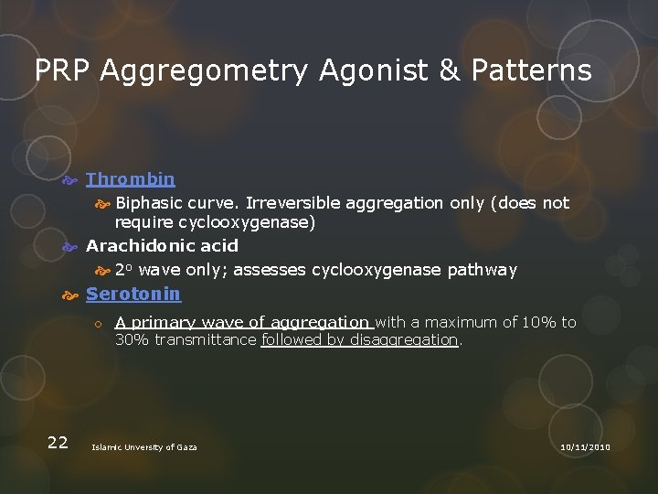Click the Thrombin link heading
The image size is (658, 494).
130,178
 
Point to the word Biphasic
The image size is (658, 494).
148,203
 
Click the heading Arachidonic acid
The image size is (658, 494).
162,245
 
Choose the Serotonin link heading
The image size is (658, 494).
133,294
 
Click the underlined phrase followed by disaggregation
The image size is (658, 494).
359,339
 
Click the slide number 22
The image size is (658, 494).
57,443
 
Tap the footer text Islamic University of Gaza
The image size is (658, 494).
144,446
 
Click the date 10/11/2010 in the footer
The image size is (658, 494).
585,446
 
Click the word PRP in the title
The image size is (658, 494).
64,71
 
